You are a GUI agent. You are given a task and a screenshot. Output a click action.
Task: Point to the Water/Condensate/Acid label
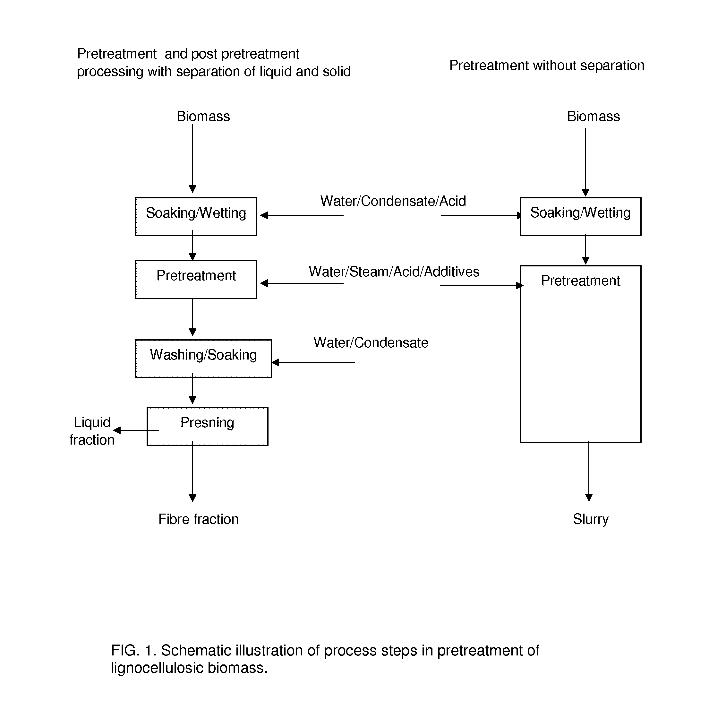tap(393, 201)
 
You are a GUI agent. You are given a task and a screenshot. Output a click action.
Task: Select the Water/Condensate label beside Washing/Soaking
tap(371, 342)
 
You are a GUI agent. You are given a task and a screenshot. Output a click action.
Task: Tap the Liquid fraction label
tap(92, 431)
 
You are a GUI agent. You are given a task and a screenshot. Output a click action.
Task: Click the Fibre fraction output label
tap(199, 519)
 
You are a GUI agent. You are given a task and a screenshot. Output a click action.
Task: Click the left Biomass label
tap(203, 117)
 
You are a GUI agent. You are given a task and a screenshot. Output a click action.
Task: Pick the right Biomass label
tap(594, 117)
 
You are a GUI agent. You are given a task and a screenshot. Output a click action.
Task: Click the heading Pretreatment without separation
tap(547, 65)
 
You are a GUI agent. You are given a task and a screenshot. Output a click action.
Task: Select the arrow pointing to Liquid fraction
tap(136, 430)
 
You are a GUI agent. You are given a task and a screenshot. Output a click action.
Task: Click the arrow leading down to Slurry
tap(589, 471)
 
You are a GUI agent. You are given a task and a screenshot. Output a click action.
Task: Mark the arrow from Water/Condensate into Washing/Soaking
tap(313, 362)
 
